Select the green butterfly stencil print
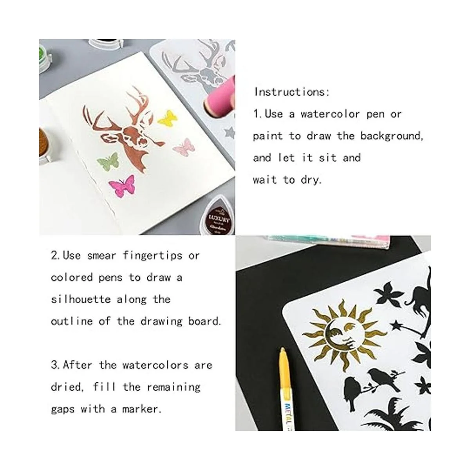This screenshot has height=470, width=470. tap(108, 161)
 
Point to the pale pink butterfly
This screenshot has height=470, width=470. tap(184, 147)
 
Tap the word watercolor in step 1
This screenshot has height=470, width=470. tap(330, 114)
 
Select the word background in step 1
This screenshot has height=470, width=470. tap(392, 136)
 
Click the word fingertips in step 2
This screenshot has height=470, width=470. tap(153, 256)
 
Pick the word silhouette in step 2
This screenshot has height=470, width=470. tap(81, 299)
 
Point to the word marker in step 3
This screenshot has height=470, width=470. tap(142, 409)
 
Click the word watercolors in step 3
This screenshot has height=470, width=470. tap(155, 365)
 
